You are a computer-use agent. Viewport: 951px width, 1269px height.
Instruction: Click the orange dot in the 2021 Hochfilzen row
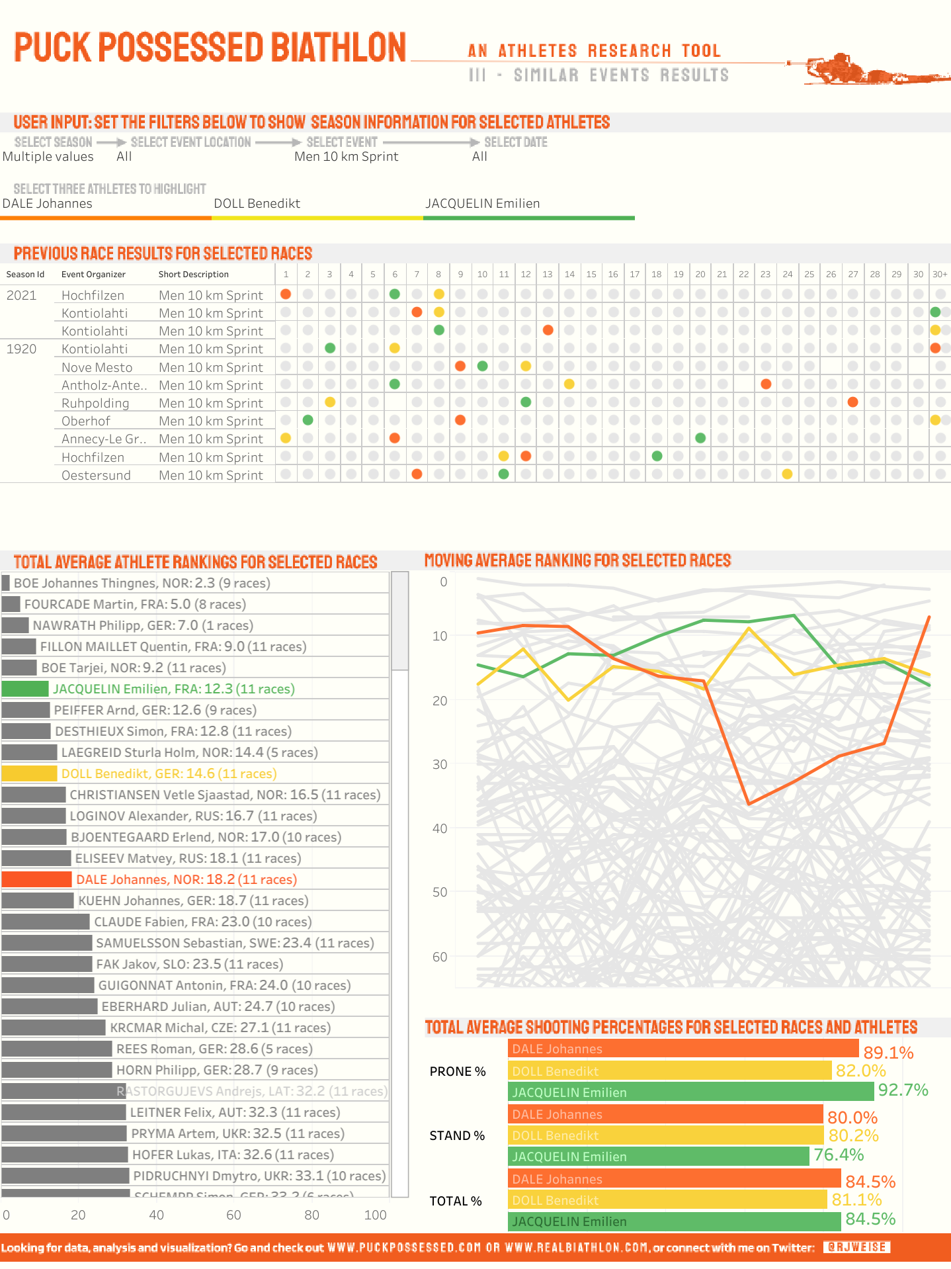click(x=286, y=294)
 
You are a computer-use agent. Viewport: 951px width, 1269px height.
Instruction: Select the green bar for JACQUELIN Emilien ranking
click(x=25, y=689)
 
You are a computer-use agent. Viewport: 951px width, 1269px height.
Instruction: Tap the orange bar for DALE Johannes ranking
click(x=36, y=879)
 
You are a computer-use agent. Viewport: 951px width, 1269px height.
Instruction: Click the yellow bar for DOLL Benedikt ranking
click(x=29, y=773)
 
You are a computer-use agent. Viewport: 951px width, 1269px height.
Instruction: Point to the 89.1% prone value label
click(x=888, y=1053)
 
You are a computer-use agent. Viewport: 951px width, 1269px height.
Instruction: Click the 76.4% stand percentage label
click(x=839, y=1155)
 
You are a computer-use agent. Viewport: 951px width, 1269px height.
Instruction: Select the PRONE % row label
click(x=458, y=1071)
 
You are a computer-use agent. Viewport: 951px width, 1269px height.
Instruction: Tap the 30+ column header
click(x=939, y=274)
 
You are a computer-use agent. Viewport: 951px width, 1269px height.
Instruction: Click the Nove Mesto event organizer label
click(x=97, y=367)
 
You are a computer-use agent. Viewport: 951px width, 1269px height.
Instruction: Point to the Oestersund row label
click(x=96, y=475)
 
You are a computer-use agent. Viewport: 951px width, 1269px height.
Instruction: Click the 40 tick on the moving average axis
click(x=440, y=828)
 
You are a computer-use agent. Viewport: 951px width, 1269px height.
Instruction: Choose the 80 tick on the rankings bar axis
click(x=311, y=1215)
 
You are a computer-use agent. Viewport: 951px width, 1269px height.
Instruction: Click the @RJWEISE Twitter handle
click(x=856, y=1247)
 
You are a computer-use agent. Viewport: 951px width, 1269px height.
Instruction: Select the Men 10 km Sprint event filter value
click(x=346, y=156)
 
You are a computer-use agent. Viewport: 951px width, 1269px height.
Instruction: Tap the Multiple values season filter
click(x=48, y=156)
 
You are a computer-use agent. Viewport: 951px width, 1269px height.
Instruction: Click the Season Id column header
click(x=25, y=275)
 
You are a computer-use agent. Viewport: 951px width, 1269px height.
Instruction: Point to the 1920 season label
click(x=21, y=349)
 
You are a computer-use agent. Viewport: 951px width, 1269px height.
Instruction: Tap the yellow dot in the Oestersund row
click(x=787, y=474)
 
